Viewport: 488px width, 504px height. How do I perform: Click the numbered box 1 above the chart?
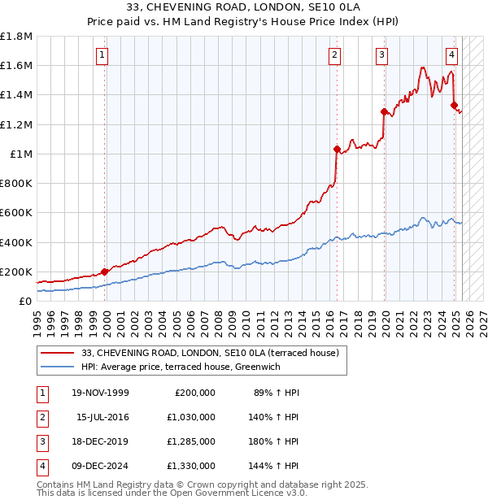coord(102,55)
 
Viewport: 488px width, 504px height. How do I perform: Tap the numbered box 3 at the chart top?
coord(381,55)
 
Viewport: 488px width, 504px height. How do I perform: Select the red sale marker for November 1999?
coord(105,272)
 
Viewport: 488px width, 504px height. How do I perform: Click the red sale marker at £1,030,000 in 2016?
coord(336,149)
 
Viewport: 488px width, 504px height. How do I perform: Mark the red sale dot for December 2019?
coord(383,111)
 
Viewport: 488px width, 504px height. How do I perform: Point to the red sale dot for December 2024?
coord(454,105)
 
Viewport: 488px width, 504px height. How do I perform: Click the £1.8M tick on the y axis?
coord(16,37)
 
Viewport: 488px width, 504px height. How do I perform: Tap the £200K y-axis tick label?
coord(16,272)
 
